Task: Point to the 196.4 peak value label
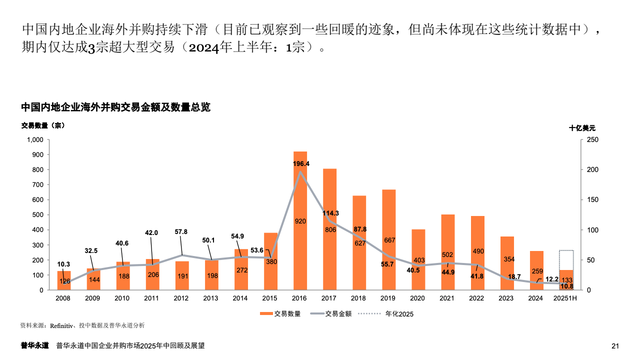click(x=301, y=163)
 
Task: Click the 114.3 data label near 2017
click(x=330, y=213)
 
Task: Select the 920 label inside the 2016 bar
click(x=300, y=221)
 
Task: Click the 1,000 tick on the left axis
click(x=35, y=140)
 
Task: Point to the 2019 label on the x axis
click(x=388, y=298)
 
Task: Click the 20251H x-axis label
click(x=566, y=298)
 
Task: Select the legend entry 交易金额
click(x=338, y=314)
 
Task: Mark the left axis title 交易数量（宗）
click(x=43, y=125)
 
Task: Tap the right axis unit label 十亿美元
click(x=582, y=128)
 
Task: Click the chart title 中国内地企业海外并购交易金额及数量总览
click(x=115, y=107)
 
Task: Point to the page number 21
click(x=615, y=346)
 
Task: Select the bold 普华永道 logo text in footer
click(x=34, y=345)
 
